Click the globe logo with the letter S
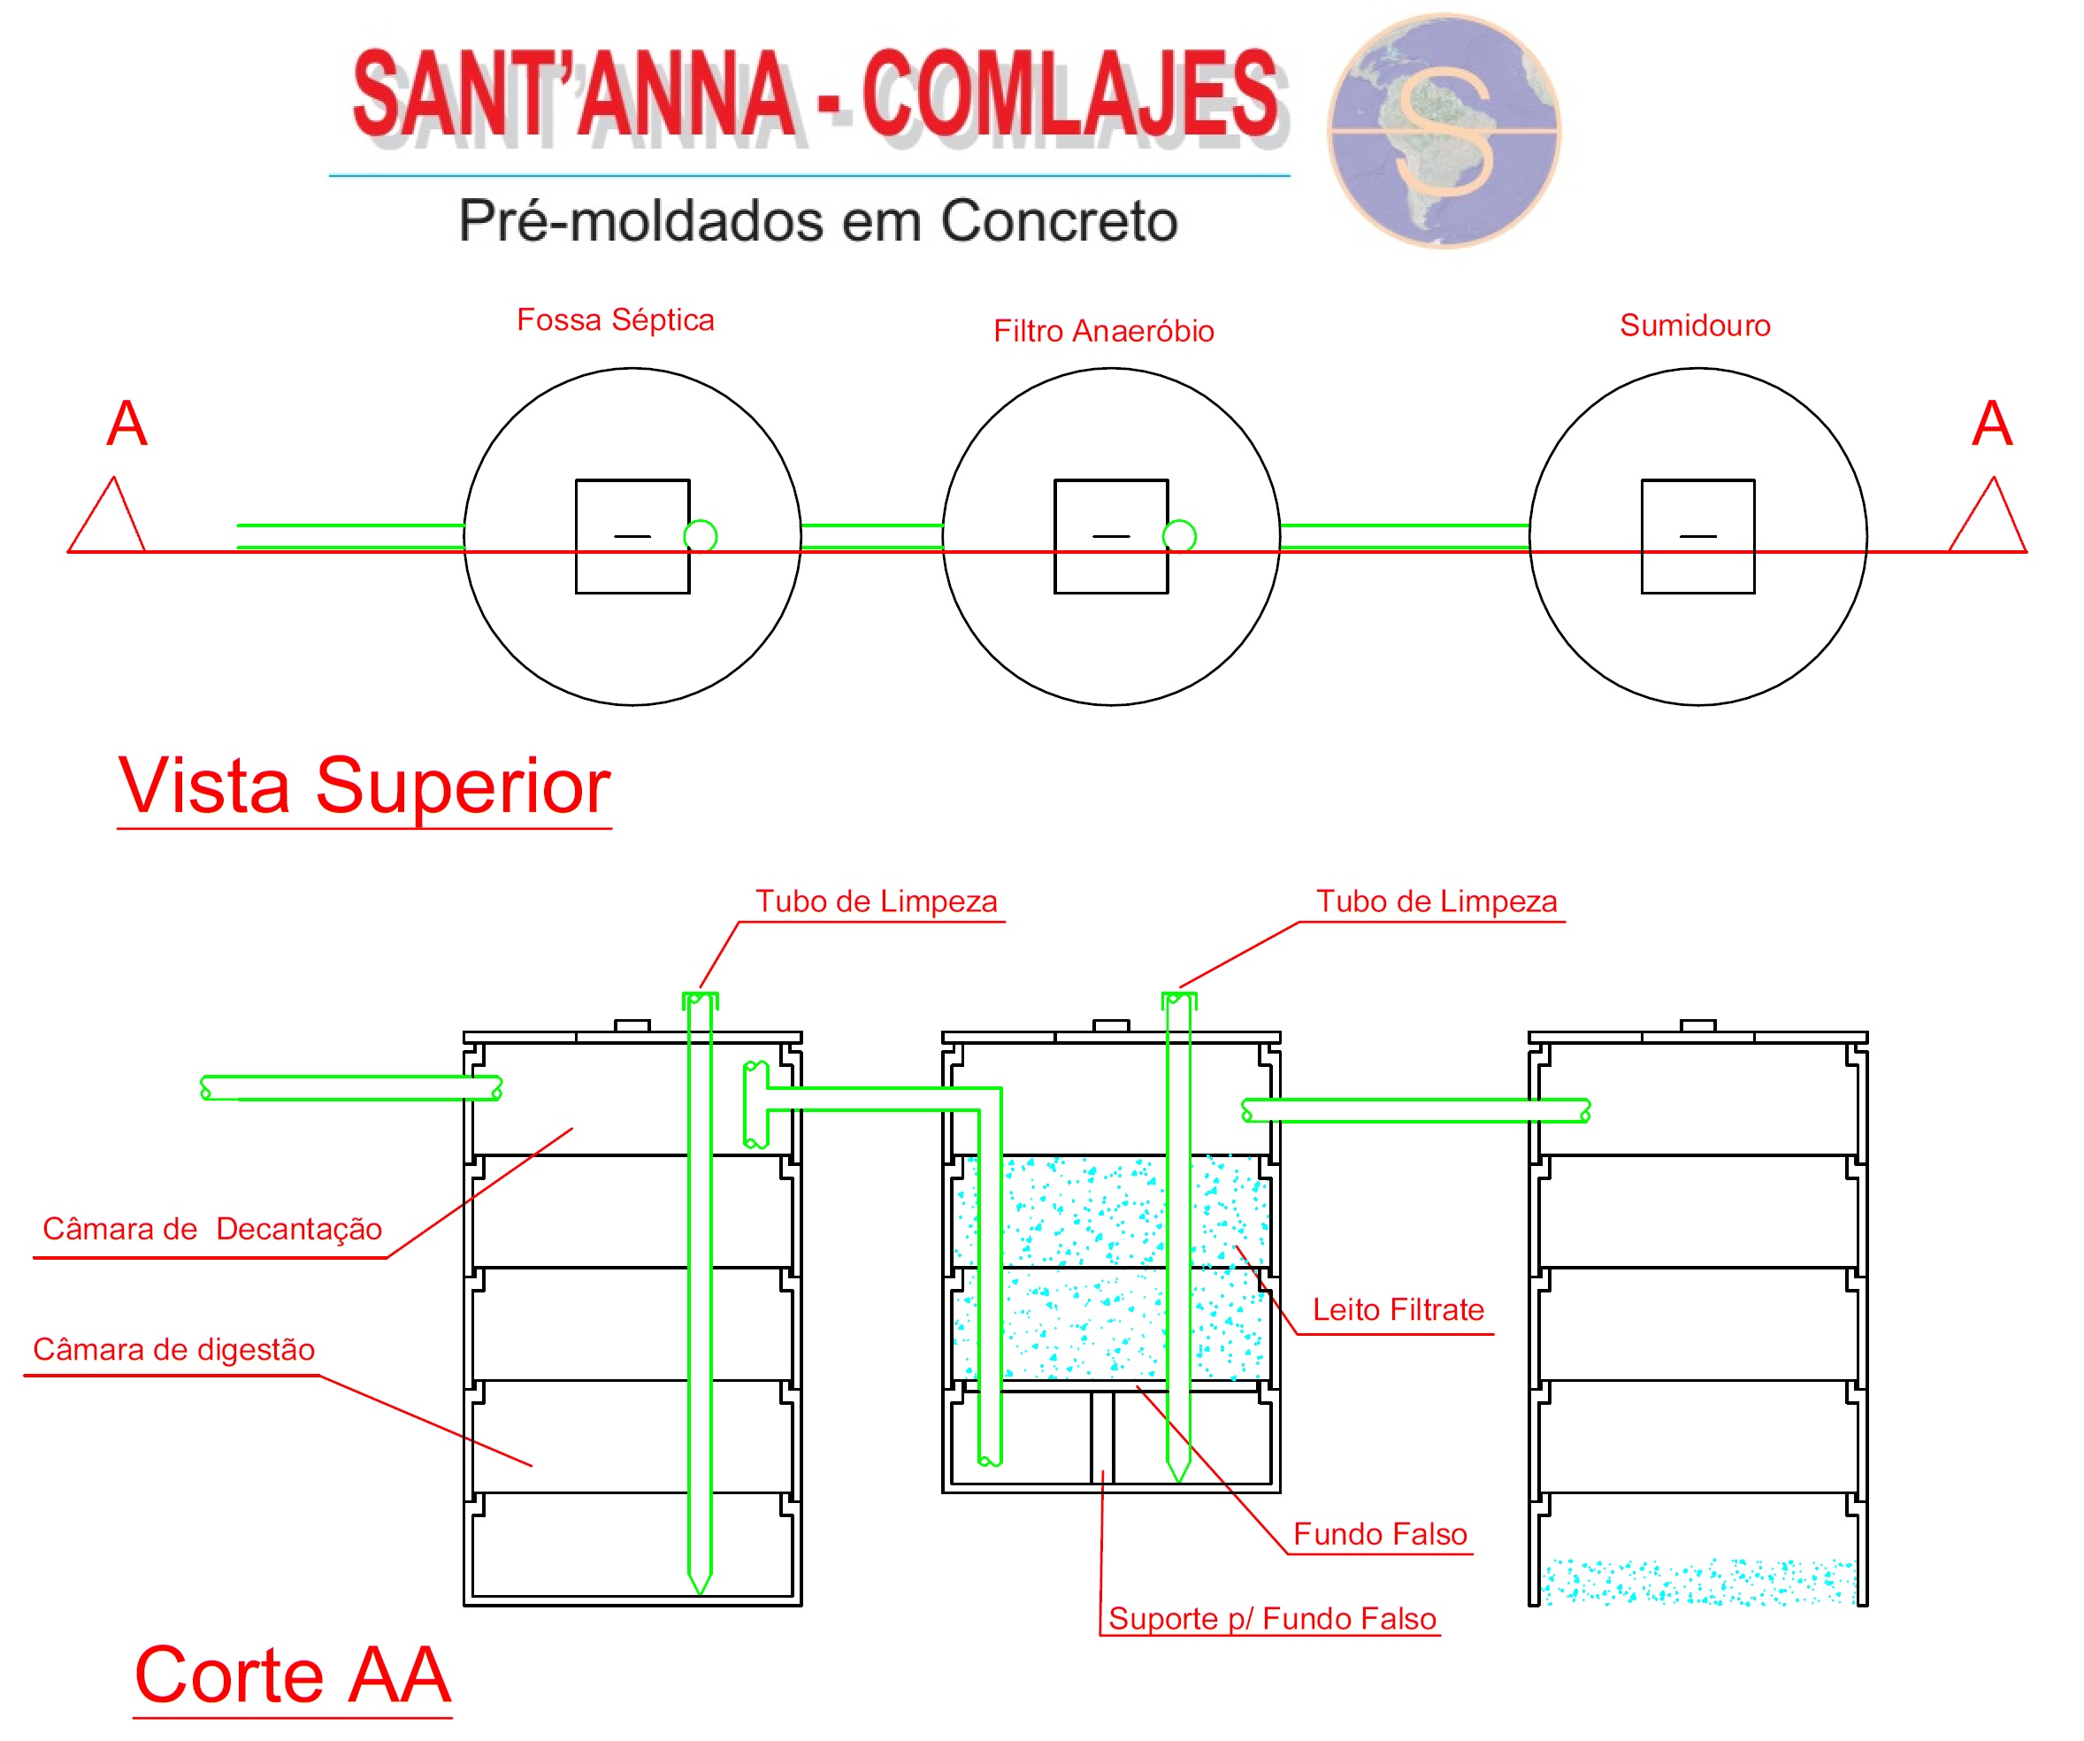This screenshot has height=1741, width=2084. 1444,130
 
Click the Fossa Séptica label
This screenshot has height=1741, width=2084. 616,319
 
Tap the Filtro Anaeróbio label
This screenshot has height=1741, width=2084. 1104,331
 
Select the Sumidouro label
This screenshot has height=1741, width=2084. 1695,326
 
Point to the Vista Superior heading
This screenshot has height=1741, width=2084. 364,786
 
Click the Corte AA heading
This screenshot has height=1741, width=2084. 293,1676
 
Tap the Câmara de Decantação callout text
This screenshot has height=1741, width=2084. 212,1229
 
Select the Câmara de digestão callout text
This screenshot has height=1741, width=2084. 173,1349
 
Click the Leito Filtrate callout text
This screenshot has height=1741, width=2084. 1398,1309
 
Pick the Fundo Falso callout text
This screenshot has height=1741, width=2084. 1379,1534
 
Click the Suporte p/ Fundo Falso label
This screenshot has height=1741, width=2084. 1272,1619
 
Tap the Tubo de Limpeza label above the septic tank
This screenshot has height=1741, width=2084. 877,901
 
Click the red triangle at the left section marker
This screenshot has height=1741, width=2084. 108,519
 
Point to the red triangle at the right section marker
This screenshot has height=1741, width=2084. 1988,519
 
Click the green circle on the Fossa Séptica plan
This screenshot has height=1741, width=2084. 701,536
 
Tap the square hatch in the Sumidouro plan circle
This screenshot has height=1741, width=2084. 1698,536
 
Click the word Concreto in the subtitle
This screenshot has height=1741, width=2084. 1059,220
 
